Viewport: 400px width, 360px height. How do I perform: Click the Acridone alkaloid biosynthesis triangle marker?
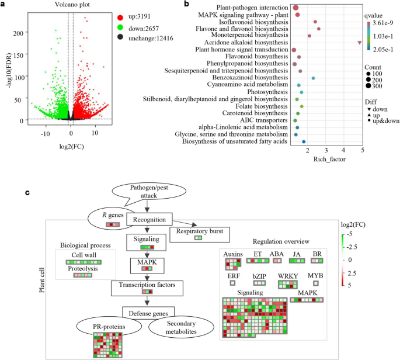[360, 43]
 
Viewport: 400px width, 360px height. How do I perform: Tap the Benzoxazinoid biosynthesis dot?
[313, 78]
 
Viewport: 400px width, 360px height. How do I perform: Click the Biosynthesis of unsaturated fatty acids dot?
[304, 141]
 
